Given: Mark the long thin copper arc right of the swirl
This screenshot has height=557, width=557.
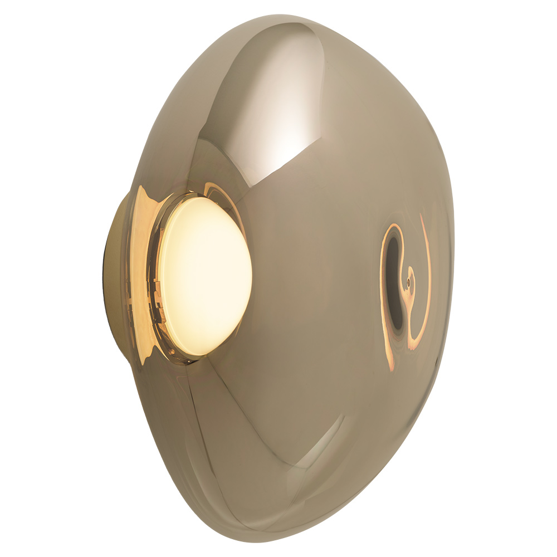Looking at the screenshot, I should click(x=428, y=267).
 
